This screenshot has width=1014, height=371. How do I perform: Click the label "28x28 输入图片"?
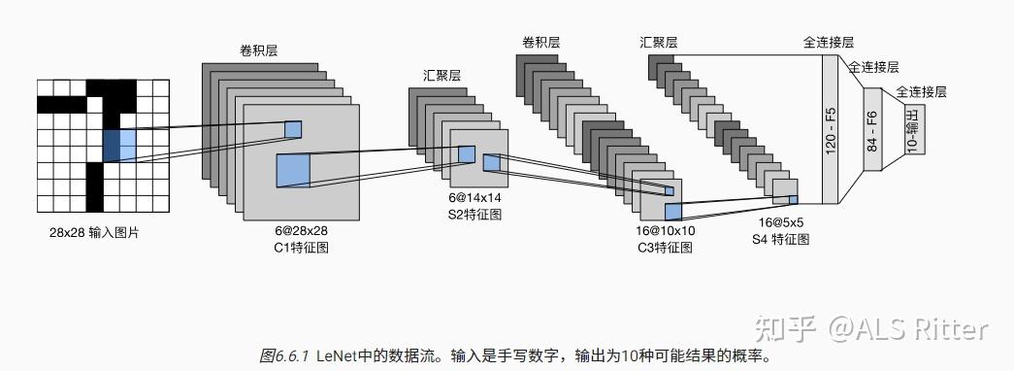point(87,234)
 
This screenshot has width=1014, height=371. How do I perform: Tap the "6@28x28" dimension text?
point(301,231)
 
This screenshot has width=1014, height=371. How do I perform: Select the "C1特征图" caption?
point(301,248)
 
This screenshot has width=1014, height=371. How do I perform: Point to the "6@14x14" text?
point(469,196)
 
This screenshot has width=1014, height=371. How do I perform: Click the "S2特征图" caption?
point(469,213)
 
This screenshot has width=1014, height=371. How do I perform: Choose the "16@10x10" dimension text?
point(666,231)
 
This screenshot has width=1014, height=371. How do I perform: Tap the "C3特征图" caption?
point(666,248)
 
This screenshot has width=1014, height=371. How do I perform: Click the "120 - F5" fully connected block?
point(831,129)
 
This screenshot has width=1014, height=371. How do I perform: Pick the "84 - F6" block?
point(871,129)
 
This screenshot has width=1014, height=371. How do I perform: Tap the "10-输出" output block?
point(915,130)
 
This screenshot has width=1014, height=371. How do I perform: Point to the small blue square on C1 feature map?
point(293,128)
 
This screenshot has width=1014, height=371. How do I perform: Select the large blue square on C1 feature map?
point(292,169)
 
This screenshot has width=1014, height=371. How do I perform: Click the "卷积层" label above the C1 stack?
point(259,51)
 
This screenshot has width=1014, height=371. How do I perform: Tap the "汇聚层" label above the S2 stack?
point(442,74)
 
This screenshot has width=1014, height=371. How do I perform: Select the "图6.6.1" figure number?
point(283,356)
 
